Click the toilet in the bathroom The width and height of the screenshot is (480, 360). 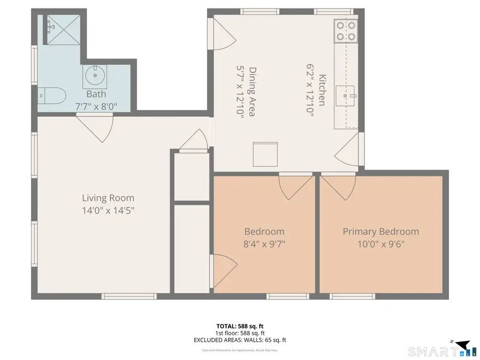coord(53,96)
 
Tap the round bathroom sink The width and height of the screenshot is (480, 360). coord(95,76)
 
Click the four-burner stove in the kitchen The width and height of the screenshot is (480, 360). coord(346,31)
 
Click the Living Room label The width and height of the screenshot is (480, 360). coord(108,198)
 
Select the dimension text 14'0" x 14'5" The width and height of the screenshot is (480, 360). coord(108,210)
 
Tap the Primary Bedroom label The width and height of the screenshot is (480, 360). coord(380,231)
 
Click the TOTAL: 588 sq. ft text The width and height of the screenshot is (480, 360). coord(240,325)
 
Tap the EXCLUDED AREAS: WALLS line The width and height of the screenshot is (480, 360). coord(240,340)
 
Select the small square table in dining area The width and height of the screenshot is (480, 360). coord(265,155)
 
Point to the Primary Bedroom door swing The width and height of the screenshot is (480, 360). coord(334,186)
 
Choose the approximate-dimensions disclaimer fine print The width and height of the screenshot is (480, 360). coord(240,350)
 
